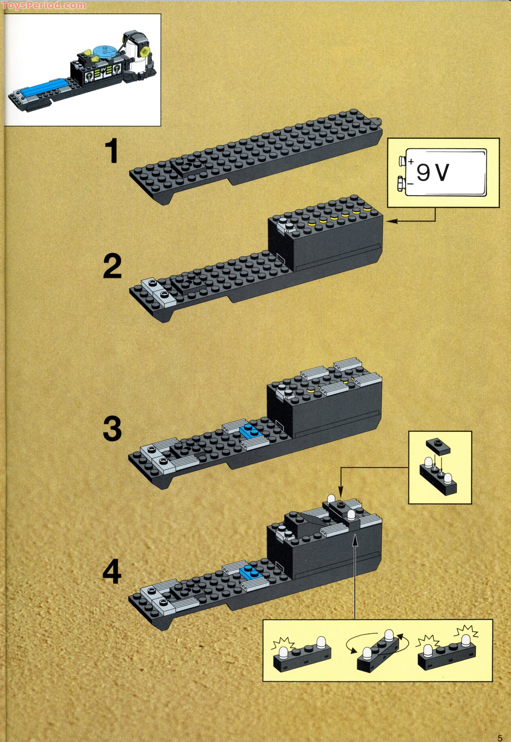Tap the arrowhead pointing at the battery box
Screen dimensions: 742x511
point(391,221)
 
